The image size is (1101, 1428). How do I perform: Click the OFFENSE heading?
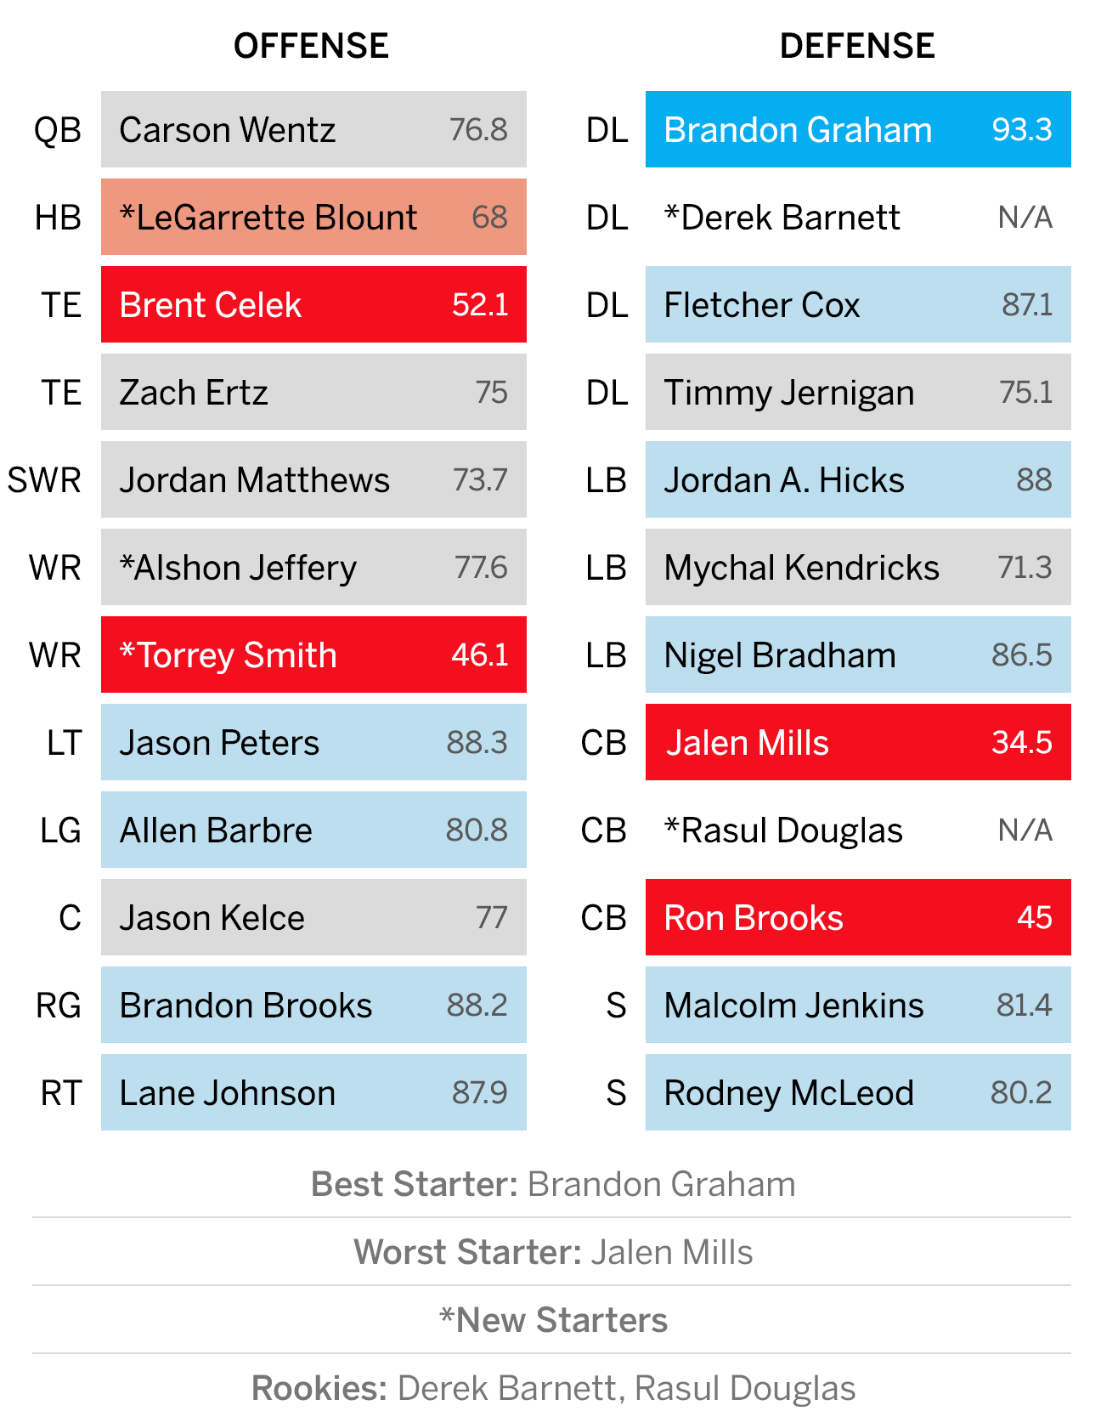pyautogui.click(x=311, y=46)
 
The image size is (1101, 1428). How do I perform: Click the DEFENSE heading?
pyautogui.click(x=857, y=46)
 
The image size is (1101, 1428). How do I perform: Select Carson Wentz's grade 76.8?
pyautogui.click(x=478, y=130)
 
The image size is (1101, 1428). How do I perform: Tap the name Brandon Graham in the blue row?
pyautogui.click(x=798, y=130)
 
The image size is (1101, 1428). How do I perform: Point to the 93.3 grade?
pyautogui.click(x=1022, y=130)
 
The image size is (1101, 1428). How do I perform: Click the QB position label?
pyautogui.click(x=58, y=131)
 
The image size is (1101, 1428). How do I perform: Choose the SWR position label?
pyautogui.click(x=44, y=480)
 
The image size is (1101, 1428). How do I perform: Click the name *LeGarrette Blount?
pyautogui.click(x=268, y=218)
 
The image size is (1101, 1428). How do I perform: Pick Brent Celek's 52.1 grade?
pyautogui.click(x=480, y=305)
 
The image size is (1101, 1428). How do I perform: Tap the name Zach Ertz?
pyautogui.click(x=194, y=393)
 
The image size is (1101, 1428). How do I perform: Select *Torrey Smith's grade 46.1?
pyautogui.click(x=480, y=655)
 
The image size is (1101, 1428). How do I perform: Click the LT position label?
pyautogui.click(x=65, y=743)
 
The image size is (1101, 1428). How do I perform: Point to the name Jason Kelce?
pyautogui.click(x=212, y=918)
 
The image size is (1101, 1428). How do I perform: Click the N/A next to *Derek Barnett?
pyautogui.click(x=1025, y=218)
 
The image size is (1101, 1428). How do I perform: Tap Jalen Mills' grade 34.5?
pyautogui.click(x=1022, y=743)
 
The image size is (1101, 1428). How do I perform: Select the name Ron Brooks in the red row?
pyautogui.click(x=754, y=918)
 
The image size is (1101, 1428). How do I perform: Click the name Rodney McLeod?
pyautogui.click(x=789, y=1093)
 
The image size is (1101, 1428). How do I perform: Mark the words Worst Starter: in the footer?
pyautogui.click(x=467, y=1252)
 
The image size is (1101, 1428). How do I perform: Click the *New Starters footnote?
pyautogui.click(x=553, y=1320)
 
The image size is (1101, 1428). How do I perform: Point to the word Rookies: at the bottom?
pyautogui.click(x=319, y=1388)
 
